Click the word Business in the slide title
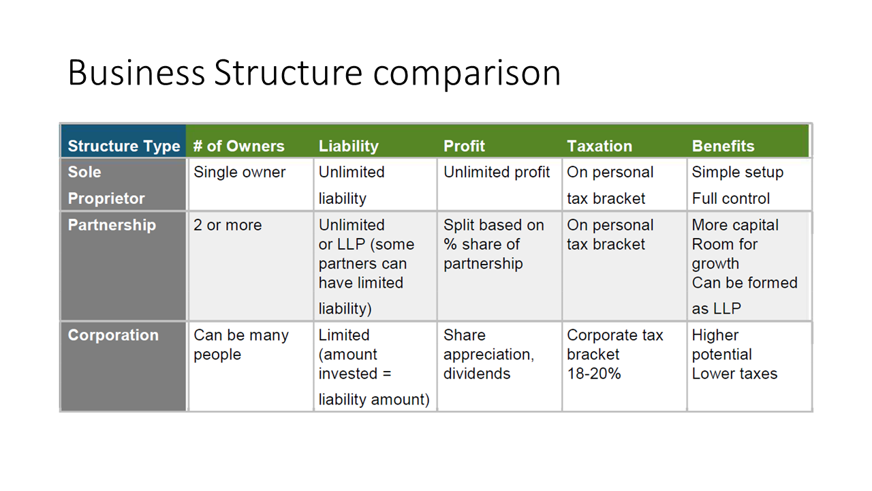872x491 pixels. point(136,72)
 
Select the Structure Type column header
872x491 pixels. point(124,146)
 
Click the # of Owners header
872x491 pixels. point(239,146)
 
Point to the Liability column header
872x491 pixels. point(348,146)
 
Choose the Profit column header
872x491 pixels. point(464,146)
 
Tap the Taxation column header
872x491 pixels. point(599,146)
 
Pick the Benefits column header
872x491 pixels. point(723,146)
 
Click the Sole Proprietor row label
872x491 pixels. point(106,185)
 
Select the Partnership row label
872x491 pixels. point(112,225)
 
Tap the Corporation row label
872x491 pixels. point(113,335)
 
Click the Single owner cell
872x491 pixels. point(239,173)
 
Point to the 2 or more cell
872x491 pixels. point(228,225)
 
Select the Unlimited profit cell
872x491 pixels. point(497,173)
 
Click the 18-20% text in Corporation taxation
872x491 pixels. point(593,374)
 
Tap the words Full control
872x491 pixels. point(731,198)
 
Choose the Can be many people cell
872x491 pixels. point(241,345)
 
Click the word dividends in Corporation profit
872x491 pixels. point(476,374)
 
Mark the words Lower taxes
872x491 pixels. point(734,374)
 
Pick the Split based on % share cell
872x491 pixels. point(494,244)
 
